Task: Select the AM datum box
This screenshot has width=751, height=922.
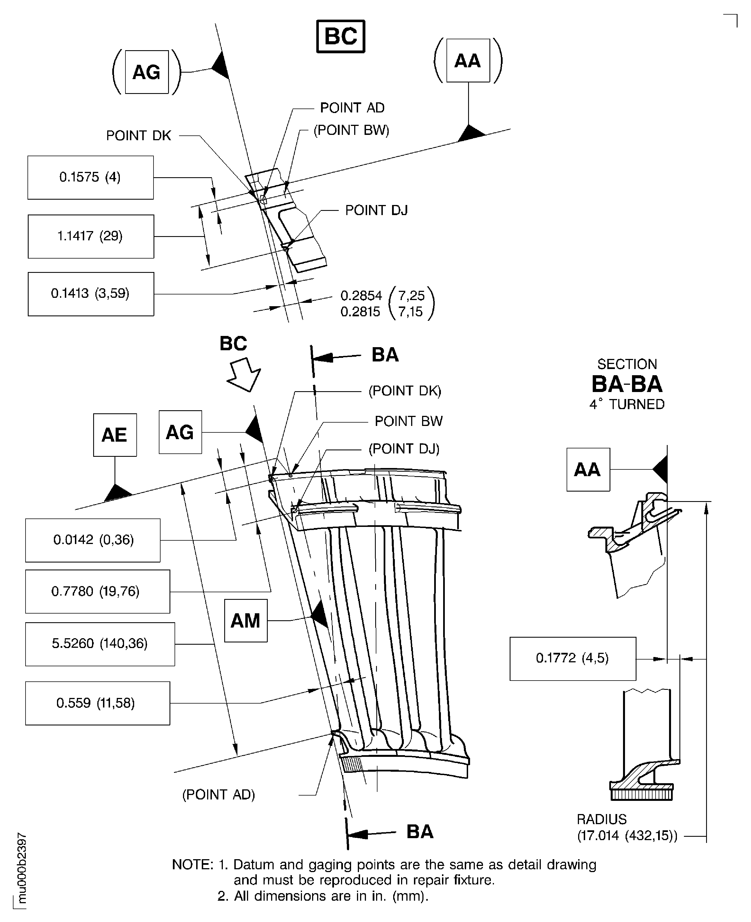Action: [x=245, y=621]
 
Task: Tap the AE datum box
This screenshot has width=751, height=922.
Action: [x=115, y=435]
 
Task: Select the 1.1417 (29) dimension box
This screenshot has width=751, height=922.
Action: [x=91, y=236]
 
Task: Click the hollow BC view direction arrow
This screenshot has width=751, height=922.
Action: [x=244, y=374]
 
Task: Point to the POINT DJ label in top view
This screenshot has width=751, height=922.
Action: [x=376, y=211]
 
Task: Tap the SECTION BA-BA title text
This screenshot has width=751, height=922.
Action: [x=627, y=383]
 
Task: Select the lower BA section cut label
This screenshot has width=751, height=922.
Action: [x=420, y=831]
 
